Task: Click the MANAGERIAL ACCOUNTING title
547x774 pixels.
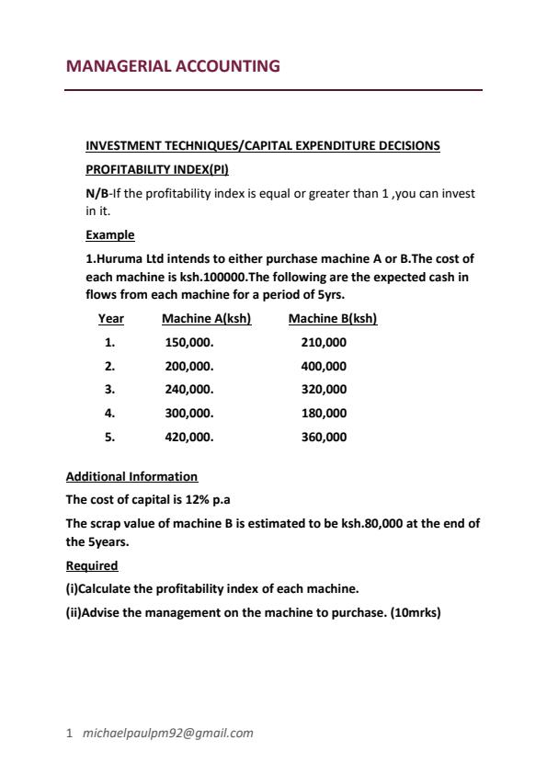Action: tap(173, 66)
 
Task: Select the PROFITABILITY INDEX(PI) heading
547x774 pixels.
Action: tap(156, 170)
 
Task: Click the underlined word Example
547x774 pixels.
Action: tap(109, 235)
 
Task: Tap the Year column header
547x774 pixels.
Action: tap(110, 319)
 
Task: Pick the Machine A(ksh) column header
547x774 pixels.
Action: tap(206, 319)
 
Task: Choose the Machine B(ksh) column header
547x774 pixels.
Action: tap(333, 319)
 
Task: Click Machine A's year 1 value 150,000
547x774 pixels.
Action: tap(188, 343)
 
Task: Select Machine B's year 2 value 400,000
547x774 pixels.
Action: tap(324, 366)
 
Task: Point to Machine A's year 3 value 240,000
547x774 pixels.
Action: tap(188, 390)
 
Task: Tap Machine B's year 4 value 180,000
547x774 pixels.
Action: tap(324, 414)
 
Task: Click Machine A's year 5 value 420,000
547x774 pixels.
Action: tap(188, 438)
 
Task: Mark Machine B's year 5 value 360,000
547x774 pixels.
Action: tap(324, 438)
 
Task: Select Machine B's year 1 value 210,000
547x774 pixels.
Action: tap(324, 343)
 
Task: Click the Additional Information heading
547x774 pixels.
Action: tap(131, 477)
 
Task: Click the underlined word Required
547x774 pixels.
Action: tap(92, 565)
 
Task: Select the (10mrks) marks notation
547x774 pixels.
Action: tap(412, 612)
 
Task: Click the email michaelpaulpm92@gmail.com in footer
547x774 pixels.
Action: tap(167, 734)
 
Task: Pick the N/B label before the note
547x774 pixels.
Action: tap(96, 194)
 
